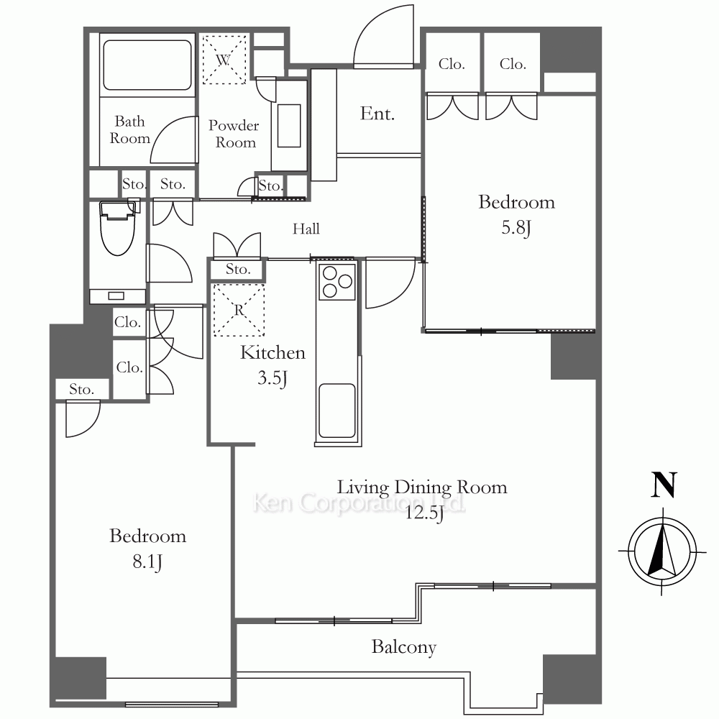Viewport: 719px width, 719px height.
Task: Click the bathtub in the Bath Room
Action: coord(147,65)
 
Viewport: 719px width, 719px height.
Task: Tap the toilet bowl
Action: coord(119,229)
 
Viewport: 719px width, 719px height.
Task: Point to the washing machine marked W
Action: coord(224,60)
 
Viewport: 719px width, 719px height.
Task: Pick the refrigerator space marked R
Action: coord(239,311)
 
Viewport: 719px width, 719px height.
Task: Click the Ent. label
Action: coord(377,114)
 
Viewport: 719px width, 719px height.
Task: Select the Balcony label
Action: coord(404,647)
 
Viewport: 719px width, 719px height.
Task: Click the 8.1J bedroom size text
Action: coord(147,562)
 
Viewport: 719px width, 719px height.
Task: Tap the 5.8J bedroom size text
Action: coord(516,228)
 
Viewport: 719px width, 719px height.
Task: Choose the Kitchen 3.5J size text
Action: coord(273,378)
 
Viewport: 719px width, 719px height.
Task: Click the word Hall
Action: coord(306,229)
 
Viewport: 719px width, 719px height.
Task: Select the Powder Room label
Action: coord(234,134)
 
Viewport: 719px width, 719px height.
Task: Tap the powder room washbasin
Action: coord(289,126)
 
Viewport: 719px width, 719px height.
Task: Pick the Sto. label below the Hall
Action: coord(238,269)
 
